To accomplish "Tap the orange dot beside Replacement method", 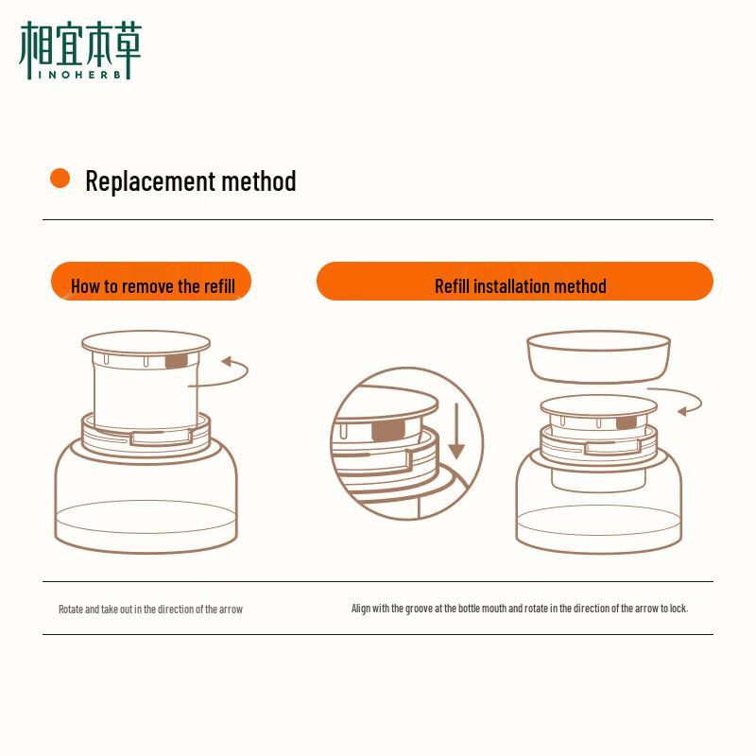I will pyautogui.click(x=60, y=179).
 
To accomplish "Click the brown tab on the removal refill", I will pyautogui.click(x=177, y=361).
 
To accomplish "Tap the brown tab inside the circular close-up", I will pyautogui.click(x=387, y=431).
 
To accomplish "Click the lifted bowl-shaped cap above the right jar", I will pyautogui.click(x=598, y=355).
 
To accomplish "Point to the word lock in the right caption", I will pyautogui.click(x=678, y=609).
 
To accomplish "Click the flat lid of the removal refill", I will pyautogui.click(x=146, y=341).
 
